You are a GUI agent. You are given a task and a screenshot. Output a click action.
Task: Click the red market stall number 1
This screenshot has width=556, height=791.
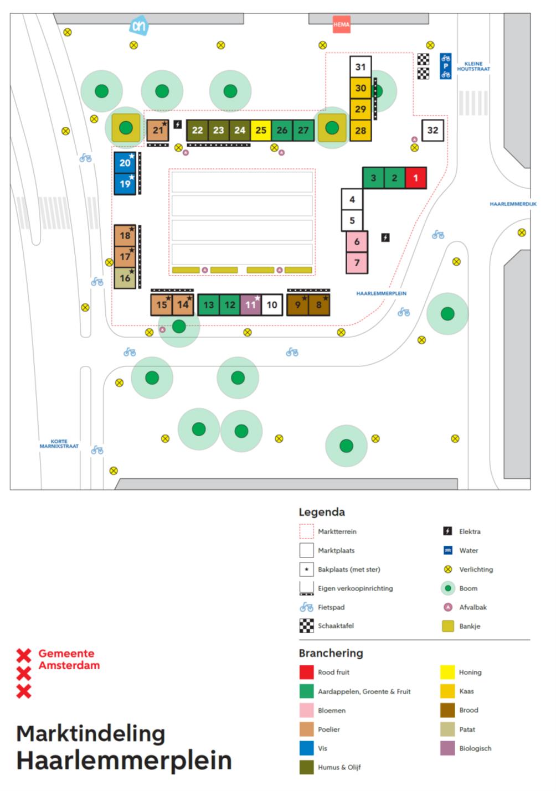[x=415, y=178]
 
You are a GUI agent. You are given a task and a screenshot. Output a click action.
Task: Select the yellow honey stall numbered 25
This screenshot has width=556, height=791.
[x=261, y=130]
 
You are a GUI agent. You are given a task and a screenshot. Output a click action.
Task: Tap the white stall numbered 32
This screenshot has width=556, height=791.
[x=433, y=130]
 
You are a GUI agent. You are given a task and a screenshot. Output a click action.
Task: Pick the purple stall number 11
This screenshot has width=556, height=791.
[x=250, y=304]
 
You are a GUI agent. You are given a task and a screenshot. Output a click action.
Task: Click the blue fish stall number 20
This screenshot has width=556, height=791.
[x=125, y=162]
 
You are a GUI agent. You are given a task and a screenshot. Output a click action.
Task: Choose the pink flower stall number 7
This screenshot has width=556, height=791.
[x=357, y=262]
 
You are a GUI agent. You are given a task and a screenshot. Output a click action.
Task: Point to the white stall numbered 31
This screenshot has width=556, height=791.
[x=361, y=67]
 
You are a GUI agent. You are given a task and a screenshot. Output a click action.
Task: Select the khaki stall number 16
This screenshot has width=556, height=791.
[x=125, y=278]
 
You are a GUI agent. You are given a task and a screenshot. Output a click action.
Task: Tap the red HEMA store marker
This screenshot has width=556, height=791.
[x=341, y=24]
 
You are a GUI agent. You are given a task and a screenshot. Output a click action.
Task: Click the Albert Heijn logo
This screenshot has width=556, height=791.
[x=139, y=25]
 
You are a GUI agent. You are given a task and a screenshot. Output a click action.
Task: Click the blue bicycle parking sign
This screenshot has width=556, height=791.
[x=446, y=66]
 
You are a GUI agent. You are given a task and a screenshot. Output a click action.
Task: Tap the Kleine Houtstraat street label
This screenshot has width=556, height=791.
[x=473, y=66]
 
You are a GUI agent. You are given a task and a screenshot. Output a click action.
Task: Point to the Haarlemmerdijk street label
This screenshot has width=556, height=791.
[x=513, y=204]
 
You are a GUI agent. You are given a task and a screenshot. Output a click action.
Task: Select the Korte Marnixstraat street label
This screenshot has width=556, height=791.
[x=59, y=443]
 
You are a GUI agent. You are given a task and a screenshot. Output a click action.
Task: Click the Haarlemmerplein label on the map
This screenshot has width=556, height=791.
[x=381, y=293]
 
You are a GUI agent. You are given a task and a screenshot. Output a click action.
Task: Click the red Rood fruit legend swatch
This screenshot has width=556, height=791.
[x=306, y=672]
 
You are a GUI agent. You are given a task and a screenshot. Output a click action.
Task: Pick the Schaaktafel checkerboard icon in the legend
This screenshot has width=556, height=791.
[x=306, y=625]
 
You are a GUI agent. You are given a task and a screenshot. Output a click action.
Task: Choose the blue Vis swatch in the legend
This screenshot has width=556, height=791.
[x=306, y=748]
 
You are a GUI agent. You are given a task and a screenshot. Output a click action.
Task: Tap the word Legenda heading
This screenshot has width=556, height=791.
[x=322, y=512]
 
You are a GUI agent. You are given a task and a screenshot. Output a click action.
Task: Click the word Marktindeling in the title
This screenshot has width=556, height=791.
[x=91, y=733]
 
